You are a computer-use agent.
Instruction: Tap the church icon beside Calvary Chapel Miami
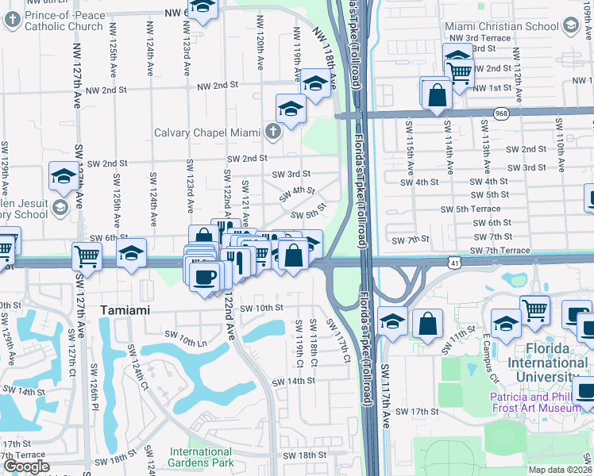pyautogui.click(x=273, y=130)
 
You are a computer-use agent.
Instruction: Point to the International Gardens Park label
pyautogui.click(x=200, y=457)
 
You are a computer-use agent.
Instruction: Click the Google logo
pyautogui.click(x=26, y=466)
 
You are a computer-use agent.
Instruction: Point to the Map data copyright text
pyautogui.click(x=561, y=470)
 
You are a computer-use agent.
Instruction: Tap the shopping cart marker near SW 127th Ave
pyautogui.click(x=87, y=255)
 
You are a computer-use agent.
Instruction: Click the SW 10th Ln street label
pyautogui.click(x=183, y=341)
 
